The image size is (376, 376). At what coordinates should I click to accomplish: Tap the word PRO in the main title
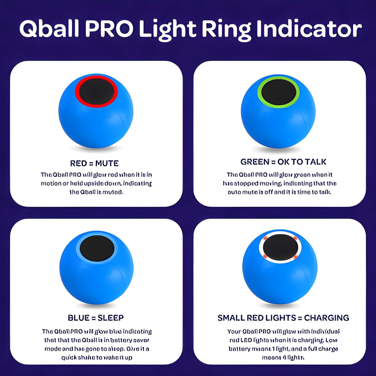tap(109, 29)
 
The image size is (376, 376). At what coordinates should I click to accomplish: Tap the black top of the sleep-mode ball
tap(97, 248)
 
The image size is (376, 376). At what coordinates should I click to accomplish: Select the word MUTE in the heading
tap(107, 163)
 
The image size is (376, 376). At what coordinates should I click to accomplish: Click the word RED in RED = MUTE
tap(78, 163)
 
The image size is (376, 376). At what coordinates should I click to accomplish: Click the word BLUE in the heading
tap(79, 318)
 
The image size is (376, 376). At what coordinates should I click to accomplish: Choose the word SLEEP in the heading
tap(111, 318)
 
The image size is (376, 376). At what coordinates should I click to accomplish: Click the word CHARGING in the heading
tap(326, 318)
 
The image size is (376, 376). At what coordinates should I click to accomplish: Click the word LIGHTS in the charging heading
tap(280, 318)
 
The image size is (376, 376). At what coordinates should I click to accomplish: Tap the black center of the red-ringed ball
tap(97, 91)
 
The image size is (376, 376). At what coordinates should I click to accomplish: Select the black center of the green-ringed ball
tap(278, 92)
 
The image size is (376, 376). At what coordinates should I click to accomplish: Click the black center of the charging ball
tap(280, 247)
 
